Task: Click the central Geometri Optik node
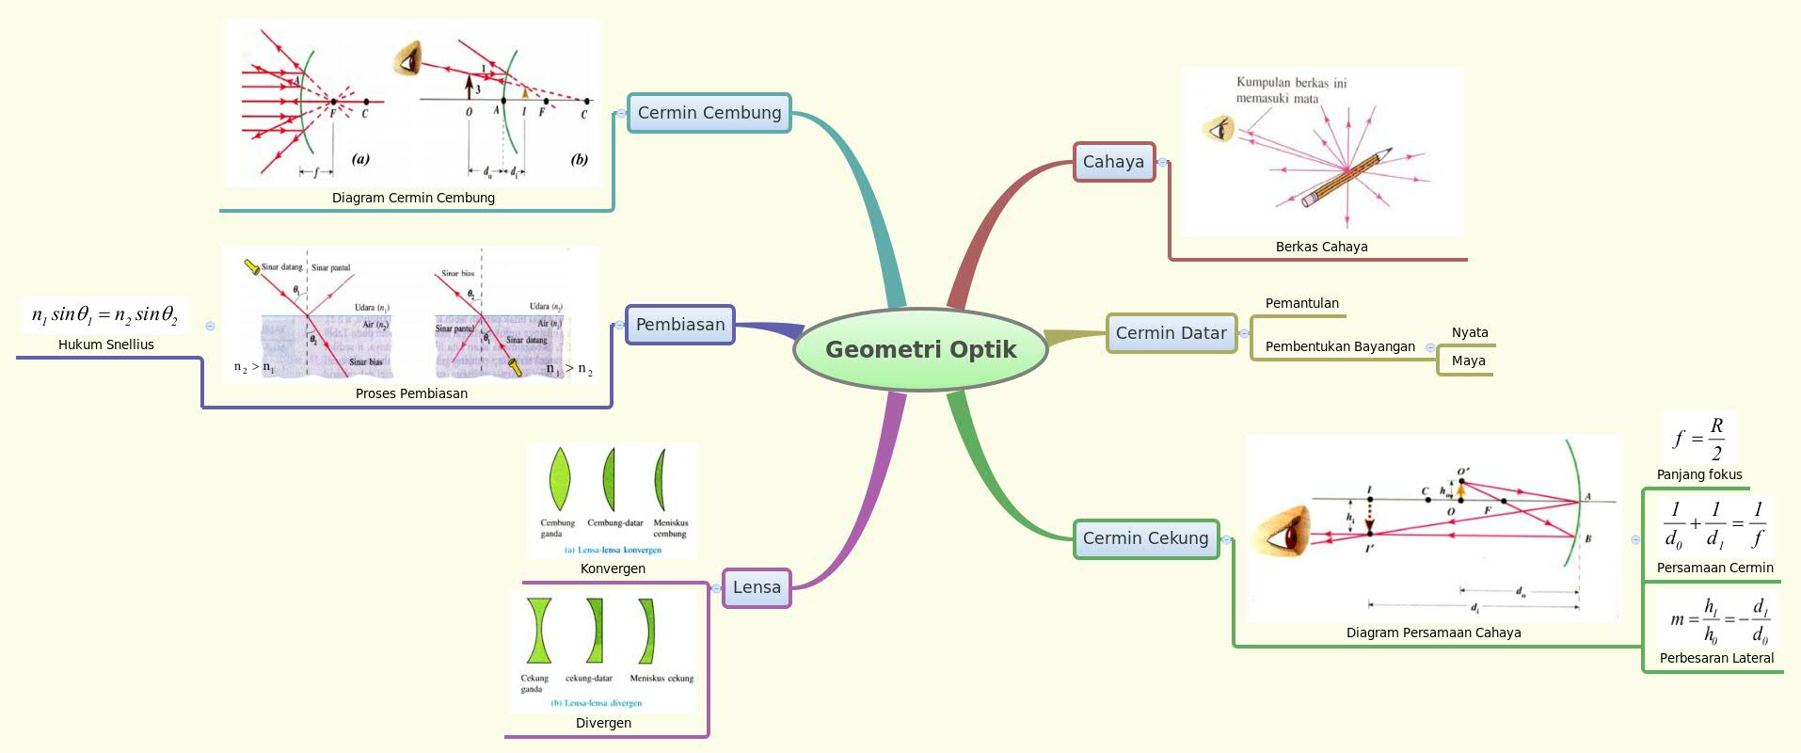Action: tap(920, 349)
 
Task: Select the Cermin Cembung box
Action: tap(709, 113)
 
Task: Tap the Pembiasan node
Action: tap(679, 325)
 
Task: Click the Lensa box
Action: tap(757, 587)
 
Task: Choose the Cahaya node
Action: tap(1113, 162)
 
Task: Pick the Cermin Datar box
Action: tap(1171, 333)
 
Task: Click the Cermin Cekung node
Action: tap(1145, 538)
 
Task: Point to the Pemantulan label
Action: tap(1301, 303)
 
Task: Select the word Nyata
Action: tap(1469, 332)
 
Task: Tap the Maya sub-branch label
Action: tap(1468, 360)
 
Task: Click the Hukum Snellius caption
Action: tap(106, 344)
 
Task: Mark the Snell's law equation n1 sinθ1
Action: tap(104, 314)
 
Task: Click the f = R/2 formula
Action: tap(1699, 438)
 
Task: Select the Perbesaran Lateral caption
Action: tap(1716, 658)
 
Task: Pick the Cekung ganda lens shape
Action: tap(538, 631)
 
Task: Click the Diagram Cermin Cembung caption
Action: tap(413, 198)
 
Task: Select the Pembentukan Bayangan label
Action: tap(1339, 346)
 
